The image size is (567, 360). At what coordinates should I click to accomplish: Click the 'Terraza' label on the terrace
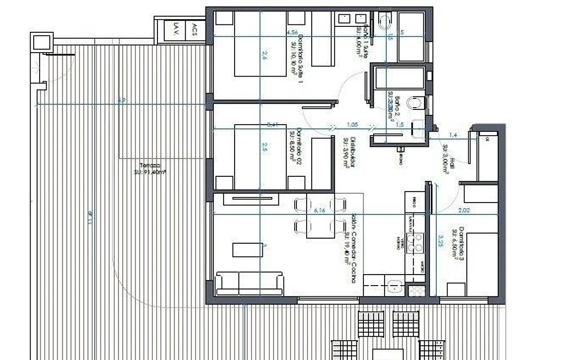149,165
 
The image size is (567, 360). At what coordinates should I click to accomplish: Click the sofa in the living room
249,283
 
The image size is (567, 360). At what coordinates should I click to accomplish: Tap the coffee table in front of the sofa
247,250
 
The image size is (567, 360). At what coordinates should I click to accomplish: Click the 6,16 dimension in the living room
320,210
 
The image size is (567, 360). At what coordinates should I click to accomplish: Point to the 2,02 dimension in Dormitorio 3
465,211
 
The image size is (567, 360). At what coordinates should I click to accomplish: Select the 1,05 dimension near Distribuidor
352,125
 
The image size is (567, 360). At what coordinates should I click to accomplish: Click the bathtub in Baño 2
400,78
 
